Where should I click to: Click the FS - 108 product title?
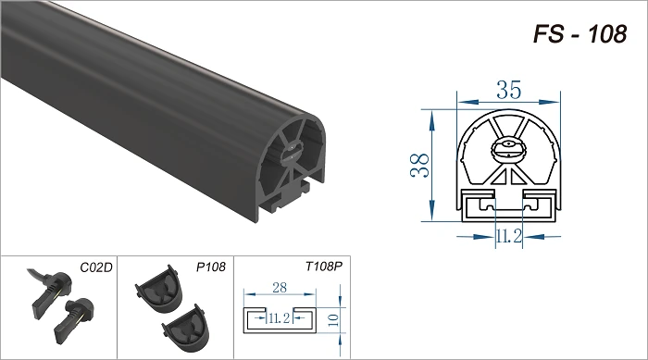point(580,34)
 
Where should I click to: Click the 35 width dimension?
point(509,90)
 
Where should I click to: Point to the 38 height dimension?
point(420,166)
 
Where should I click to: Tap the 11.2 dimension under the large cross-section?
point(509,236)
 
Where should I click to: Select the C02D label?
point(96,267)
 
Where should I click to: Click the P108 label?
point(211,267)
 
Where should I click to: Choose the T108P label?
point(324,267)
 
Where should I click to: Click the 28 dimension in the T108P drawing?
point(280,287)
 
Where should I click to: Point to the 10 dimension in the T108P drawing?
point(333,320)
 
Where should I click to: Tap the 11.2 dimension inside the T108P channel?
point(280,317)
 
